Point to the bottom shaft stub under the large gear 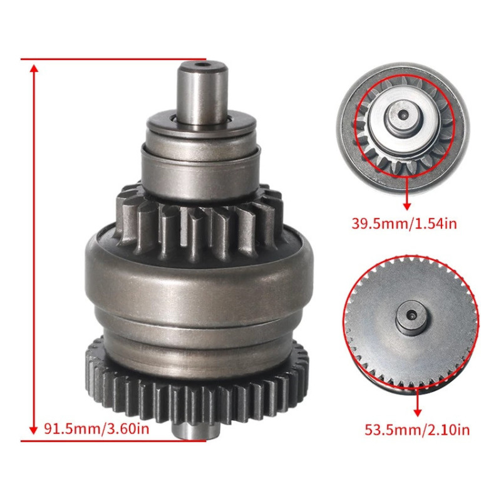195,431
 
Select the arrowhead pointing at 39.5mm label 406,205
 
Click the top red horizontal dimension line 113,60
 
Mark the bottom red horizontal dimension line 113,440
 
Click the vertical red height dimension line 33,250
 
